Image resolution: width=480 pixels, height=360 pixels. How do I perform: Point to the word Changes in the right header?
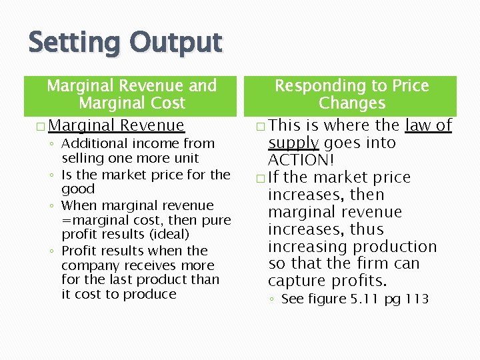(x=352, y=103)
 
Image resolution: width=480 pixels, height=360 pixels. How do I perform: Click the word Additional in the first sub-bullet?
(x=92, y=143)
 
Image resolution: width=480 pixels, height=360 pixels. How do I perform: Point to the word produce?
(x=153, y=295)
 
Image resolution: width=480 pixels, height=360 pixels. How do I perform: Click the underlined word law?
(x=419, y=125)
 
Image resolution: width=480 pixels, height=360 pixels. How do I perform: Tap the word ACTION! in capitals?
(x=301, y=160)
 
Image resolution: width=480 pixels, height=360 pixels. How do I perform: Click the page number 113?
(x=417, y=299)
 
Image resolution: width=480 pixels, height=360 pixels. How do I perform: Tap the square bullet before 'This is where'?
(x=259, y=126)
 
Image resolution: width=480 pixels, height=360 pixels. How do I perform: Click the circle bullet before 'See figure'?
(x=273, y=300)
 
